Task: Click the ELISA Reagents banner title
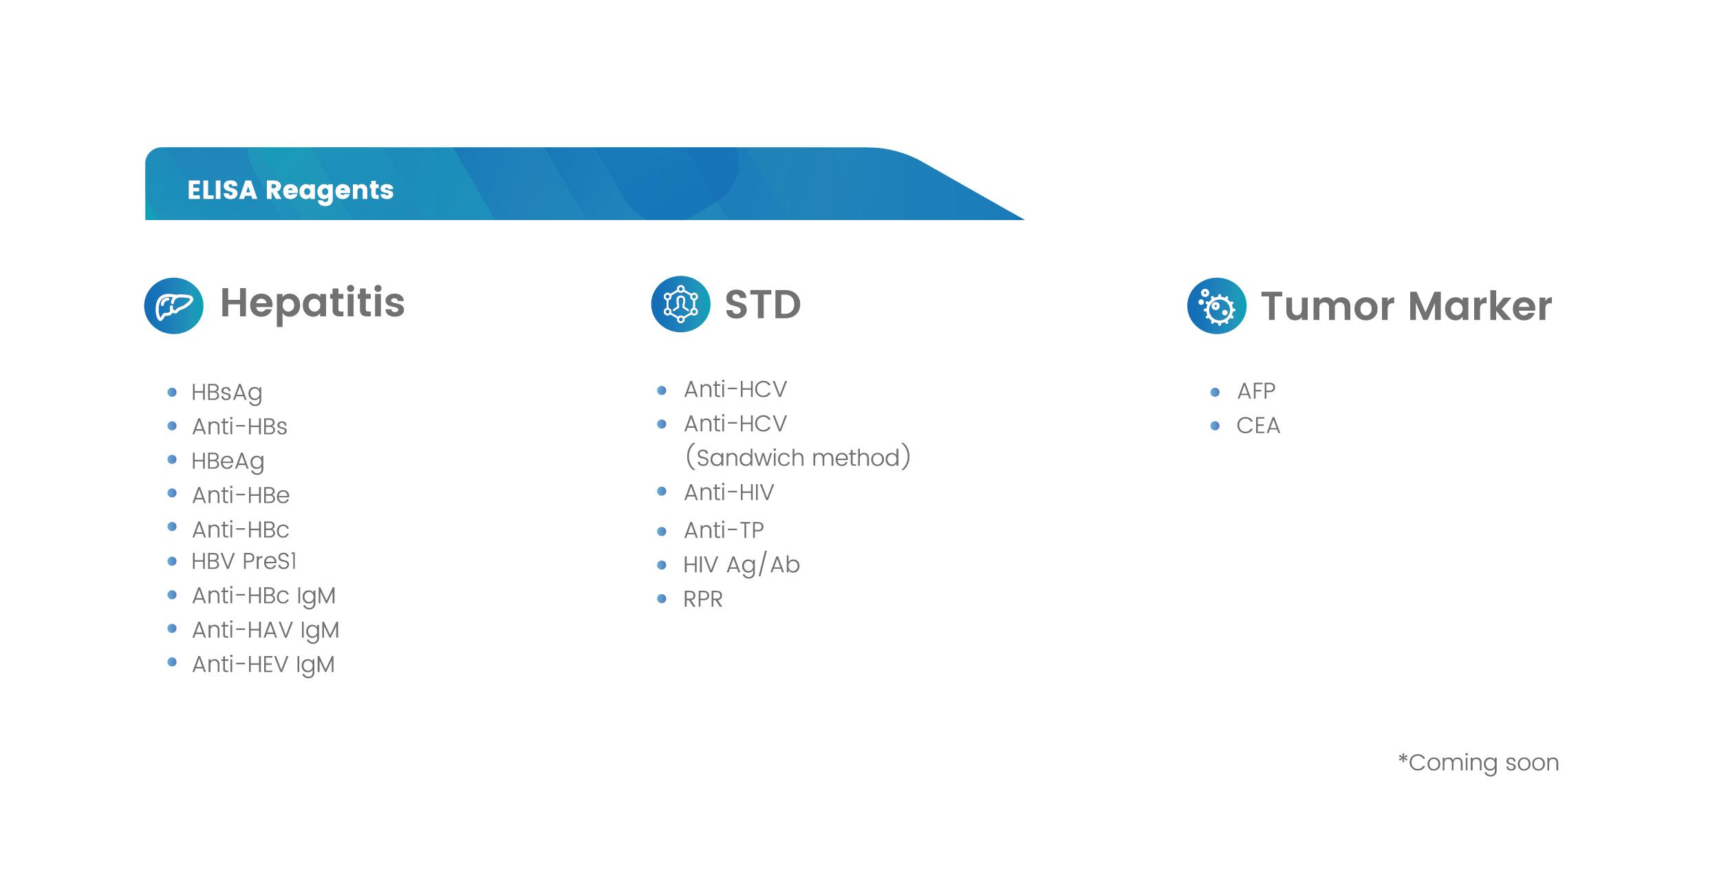[290, 190]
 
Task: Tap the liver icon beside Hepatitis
[173, 305]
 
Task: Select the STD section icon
[680, 304]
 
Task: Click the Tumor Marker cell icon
[1216, 306]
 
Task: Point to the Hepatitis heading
[312, 304]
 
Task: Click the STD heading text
[763, 305]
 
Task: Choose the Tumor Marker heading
[1406, 306]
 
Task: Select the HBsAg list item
[227, 393]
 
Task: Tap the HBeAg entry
[228, 461]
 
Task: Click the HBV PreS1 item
[244, 561]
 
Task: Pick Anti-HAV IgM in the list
[266, 631]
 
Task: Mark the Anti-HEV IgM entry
[263, 665]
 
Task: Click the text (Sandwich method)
[798, 457]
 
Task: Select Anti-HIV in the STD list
[729, 492]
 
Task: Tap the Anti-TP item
[724, 530]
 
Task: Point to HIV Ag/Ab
[742, 565]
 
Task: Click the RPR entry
[703, 600]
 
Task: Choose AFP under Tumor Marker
[1256, 391]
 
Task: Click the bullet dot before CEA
[1215, 426]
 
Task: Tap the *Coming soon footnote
[1478, 762]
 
